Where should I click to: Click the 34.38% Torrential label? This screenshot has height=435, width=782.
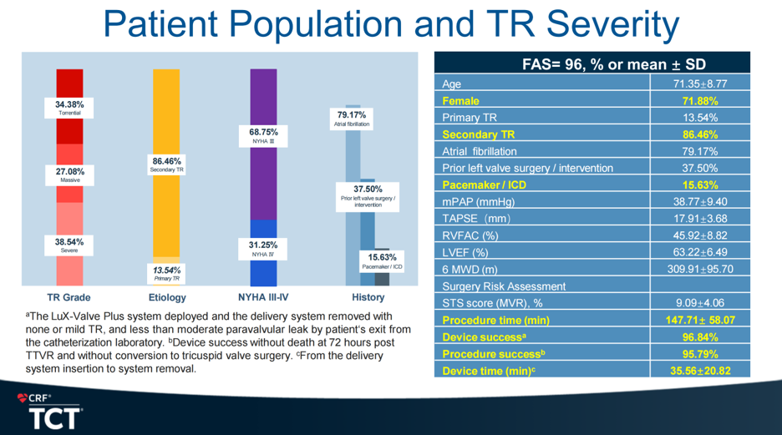click(70, 109)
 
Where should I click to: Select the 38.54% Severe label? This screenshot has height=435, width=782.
click(70, 245)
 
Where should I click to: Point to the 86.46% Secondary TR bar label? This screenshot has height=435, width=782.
click(167, 164)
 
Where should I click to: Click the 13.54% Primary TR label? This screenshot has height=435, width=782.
click(167, 273)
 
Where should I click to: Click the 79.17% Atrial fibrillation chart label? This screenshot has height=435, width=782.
click(352, 119)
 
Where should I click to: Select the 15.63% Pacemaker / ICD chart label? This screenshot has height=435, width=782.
click(382, 261)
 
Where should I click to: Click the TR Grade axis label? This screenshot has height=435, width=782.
click(69, 297)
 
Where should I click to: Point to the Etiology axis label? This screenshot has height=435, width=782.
click(167, 297)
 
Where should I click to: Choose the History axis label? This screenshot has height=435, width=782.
click(368, 297)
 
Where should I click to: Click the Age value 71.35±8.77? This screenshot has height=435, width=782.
click(700, 84)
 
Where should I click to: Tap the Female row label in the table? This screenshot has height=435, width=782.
click(460, 101)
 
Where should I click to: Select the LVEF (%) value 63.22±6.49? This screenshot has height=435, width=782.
click(700, 252)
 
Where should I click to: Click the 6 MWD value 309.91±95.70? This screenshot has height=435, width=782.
click(700, 269)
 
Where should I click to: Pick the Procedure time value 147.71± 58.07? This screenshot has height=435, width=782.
click(700, 320)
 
